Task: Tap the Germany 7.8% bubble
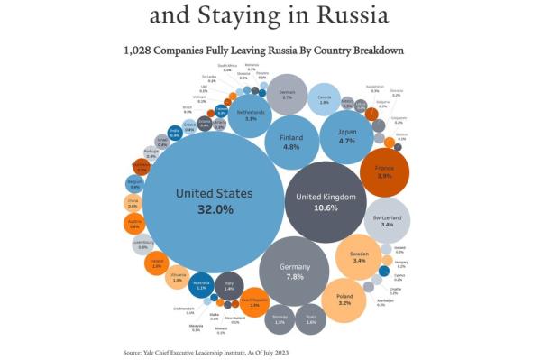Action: [x=294, y=272]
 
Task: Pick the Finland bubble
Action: [x=290, y=140]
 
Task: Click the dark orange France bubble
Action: [x=385, y=171]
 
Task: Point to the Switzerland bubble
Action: [x=387, y=220]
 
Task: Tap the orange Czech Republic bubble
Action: [x=254, y=302]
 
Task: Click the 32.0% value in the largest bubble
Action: [x=215, y=208]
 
